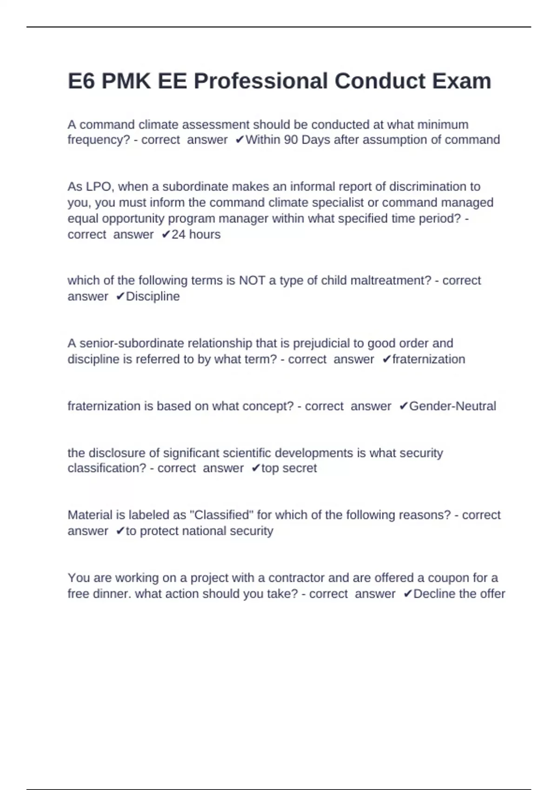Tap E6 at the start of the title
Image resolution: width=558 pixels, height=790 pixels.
pyautogui.click(x=81, y=81)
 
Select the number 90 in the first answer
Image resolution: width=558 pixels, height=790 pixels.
pyautogui.click(x=291, y=140)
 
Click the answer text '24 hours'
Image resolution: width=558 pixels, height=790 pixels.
pyautogui.click(x=196, y=235)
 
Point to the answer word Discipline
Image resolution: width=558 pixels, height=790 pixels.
pyautogui.click(x=153, y=296)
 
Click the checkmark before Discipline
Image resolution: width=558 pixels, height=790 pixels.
pyautogui.click(x=120, y=296)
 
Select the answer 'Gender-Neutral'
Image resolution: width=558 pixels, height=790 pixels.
pyautogui.click(x=452, y=406)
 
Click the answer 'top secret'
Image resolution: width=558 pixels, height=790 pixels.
pyautogui.click(x=289, y=468)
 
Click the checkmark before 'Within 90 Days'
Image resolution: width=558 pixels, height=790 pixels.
pyautogui.click(x=239, y=140)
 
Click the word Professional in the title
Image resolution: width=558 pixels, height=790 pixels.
pyautogui.click(x=260, y=81)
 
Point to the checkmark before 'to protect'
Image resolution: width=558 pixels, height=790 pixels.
pyautogui.click(x=120, y=531)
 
